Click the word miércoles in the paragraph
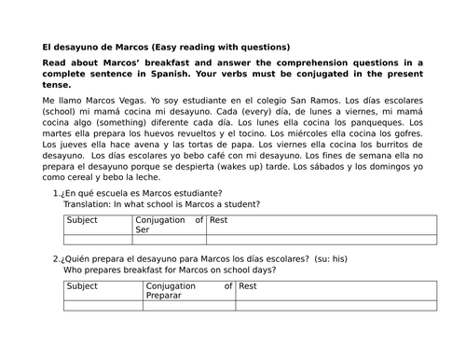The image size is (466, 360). point(317,133)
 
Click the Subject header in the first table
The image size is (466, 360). point(83,221)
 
